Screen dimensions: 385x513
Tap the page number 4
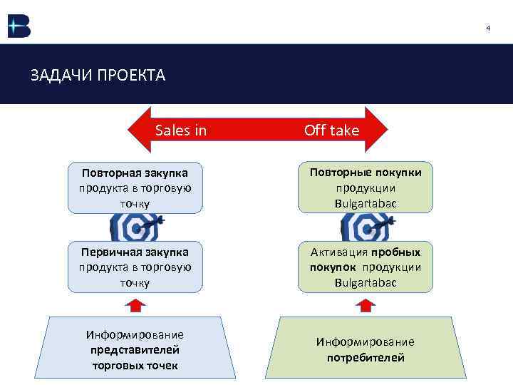click(488, 28)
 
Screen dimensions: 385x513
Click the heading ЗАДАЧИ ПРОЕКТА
click(98, 75)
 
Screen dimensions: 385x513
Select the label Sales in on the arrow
click(181, 130)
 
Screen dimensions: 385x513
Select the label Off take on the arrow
click(331, 130)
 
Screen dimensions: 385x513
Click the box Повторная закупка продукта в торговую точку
click(135, 188)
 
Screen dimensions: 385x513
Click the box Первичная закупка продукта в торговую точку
click(135, 267)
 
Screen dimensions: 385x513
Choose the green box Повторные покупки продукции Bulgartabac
click(365, 188)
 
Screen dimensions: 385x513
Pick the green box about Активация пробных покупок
click(365, 267)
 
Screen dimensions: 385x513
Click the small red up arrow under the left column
click(135, 304)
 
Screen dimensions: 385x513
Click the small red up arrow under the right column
click(365, 304)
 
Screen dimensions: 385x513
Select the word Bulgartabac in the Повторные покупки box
click(365, 203)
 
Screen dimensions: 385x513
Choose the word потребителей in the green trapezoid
click(365, 357)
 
